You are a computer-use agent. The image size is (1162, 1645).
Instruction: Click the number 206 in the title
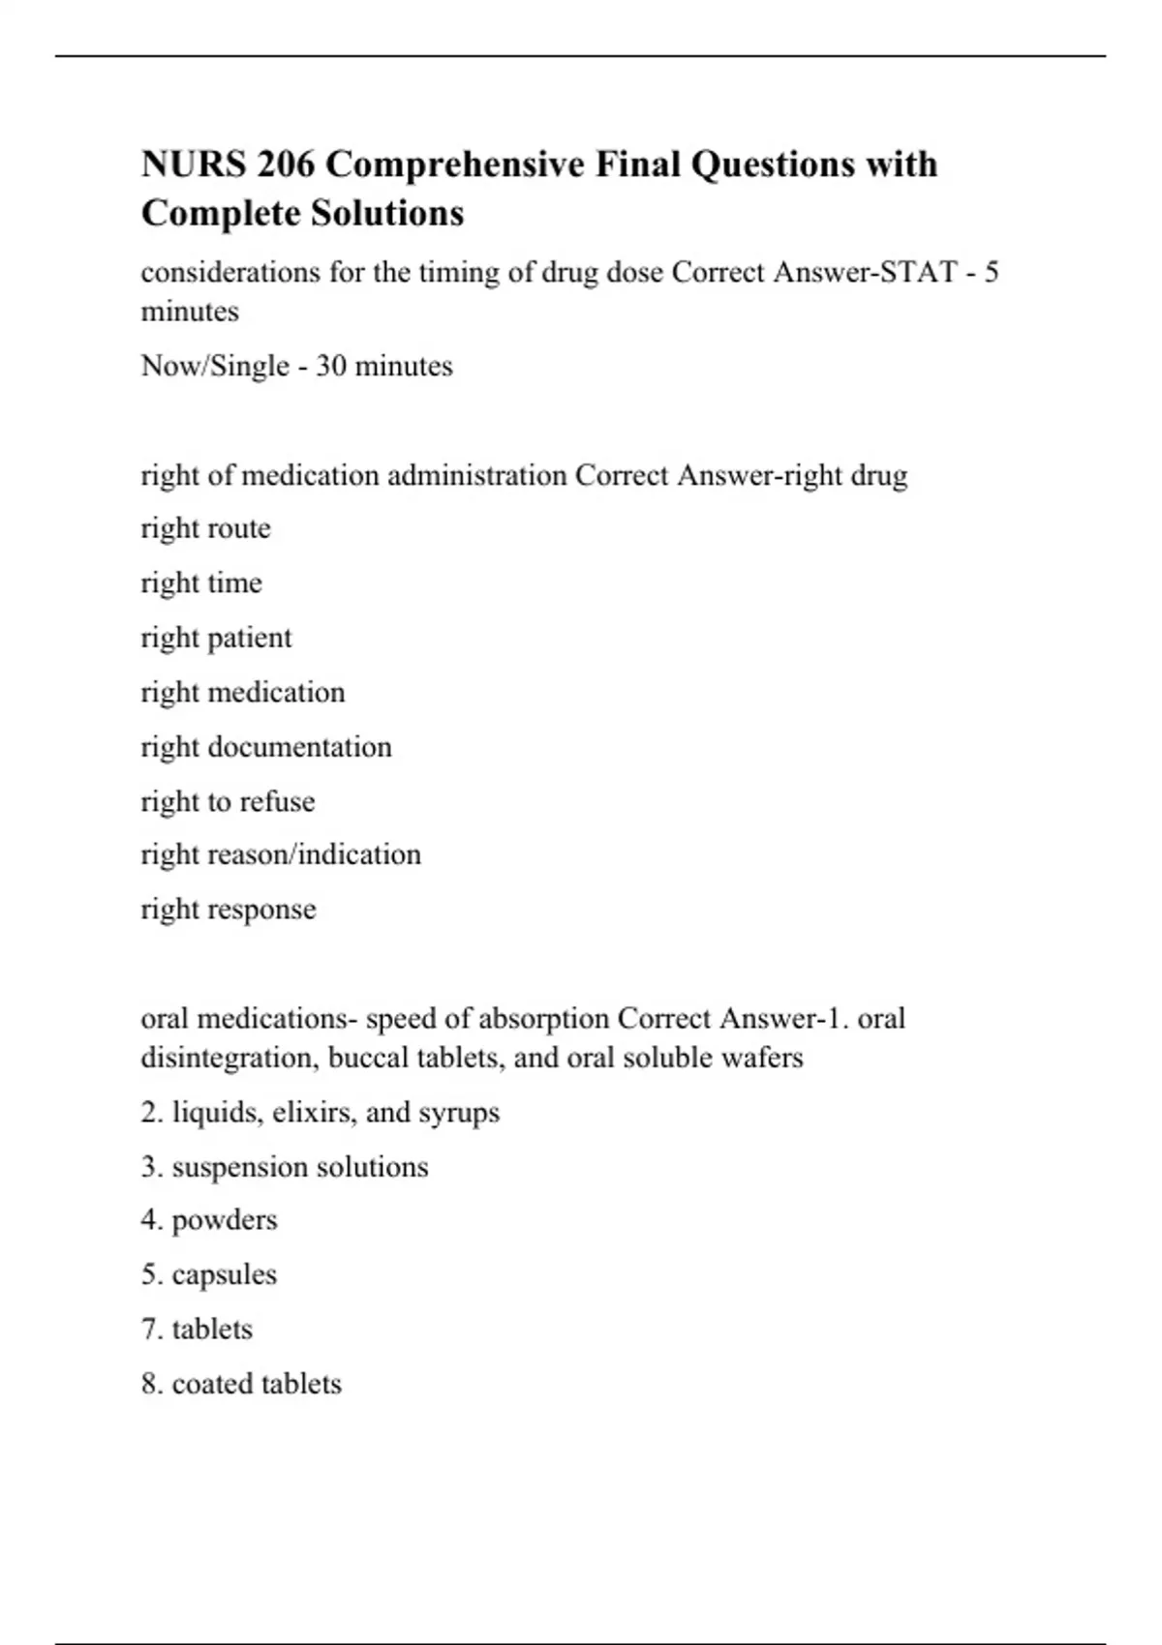[286, 164]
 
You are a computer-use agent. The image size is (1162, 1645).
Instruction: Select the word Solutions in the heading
[383, 213]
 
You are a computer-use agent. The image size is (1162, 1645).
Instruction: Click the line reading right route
[205, 528]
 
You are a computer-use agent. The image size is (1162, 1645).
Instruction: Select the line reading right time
[201, 583]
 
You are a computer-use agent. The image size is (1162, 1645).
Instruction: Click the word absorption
[544, 1019]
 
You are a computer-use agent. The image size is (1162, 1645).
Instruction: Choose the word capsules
[224, 1274]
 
